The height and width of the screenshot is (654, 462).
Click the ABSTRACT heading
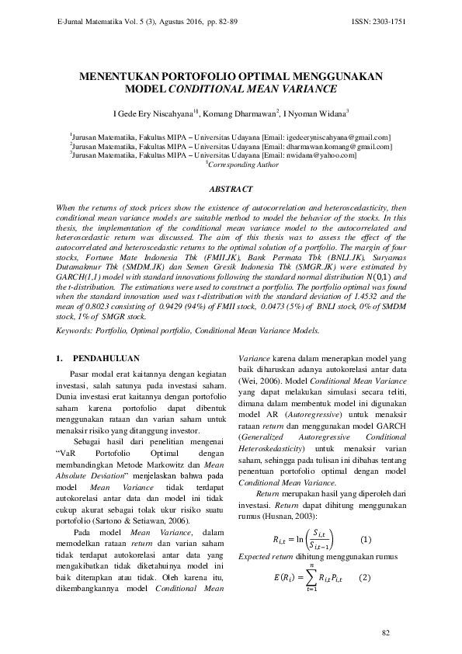click(x=231, y=189)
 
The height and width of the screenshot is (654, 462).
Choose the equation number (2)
click(x=363, y=578)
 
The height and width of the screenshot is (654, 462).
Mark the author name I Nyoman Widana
click(x=315, y=113)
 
